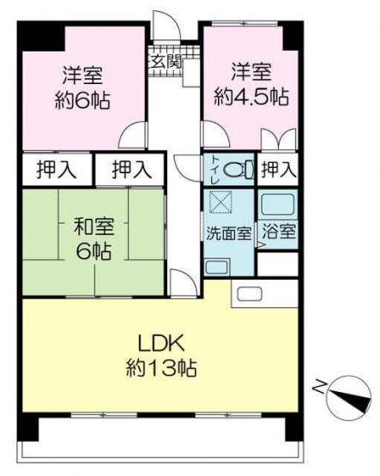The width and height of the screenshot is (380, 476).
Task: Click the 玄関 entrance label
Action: click(x=166, y=63)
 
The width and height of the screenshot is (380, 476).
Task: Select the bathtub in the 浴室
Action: click(x=278, y=204)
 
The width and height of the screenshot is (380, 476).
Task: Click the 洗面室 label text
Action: click(x=229, y=233)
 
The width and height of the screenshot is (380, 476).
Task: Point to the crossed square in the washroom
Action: click(x=221, y=201)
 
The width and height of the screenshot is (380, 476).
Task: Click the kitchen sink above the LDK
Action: click(x=249, y=293)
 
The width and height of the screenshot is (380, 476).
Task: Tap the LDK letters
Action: click(x=161, y=343)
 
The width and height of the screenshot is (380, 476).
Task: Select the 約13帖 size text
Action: click(x=161, y=367)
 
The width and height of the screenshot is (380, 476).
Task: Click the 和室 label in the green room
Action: click(x=94, y=227)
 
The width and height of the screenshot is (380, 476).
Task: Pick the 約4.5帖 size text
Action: click(x=251, y=97)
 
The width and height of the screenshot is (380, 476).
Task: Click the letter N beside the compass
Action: click(x=320, y=386)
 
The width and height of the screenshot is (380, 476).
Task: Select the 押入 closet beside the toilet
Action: click(x=278, y=170)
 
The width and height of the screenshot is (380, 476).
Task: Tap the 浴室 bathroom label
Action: click(x=279, y=232)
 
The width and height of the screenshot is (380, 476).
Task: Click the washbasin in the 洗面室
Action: click(x=217, y=268)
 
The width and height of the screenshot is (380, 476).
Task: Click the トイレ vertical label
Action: click(x=215, y=170)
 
